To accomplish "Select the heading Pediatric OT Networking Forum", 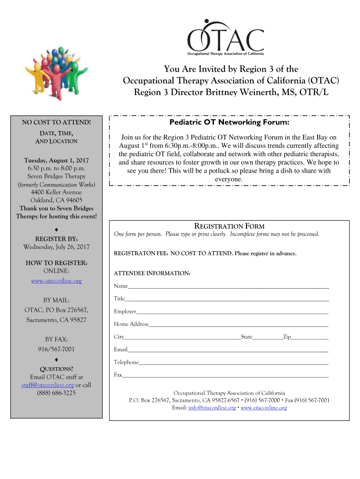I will (x=229, y=123).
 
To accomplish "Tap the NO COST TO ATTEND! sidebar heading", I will (x=56, y=123).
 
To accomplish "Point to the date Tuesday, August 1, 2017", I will (x=56, y=160).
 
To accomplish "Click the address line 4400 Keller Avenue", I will (x=56, y=192).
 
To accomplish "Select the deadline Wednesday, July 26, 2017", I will (x=56, y=247).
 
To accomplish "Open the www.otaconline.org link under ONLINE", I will (x=56, y=281).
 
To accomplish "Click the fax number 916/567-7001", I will (x=56, y=349).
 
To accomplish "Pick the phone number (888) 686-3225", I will (x=56, y=393).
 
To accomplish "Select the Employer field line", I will (x=232, y=312).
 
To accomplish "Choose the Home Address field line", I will (x=238, y=324).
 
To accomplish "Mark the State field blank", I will (x=267, y=337).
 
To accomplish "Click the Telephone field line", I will (x=234, y=363).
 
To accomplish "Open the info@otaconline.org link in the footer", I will (x=212, y=408).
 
